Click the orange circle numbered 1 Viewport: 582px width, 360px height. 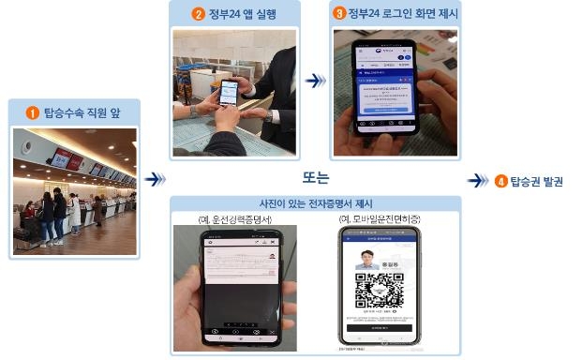point(32,112)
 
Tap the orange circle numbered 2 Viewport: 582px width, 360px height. point(199,14)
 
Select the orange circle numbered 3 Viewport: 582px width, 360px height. point(339,14)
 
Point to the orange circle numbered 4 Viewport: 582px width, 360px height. point(500,181)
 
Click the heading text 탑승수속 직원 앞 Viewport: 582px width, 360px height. point(82,112)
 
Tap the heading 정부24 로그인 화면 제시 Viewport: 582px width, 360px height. point(397,14)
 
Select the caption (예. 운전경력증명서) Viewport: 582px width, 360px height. point(234,219)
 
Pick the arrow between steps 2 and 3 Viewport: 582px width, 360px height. point(316,82)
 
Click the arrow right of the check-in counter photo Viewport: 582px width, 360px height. point(157,178)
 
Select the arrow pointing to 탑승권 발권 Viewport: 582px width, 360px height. point(478,181)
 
